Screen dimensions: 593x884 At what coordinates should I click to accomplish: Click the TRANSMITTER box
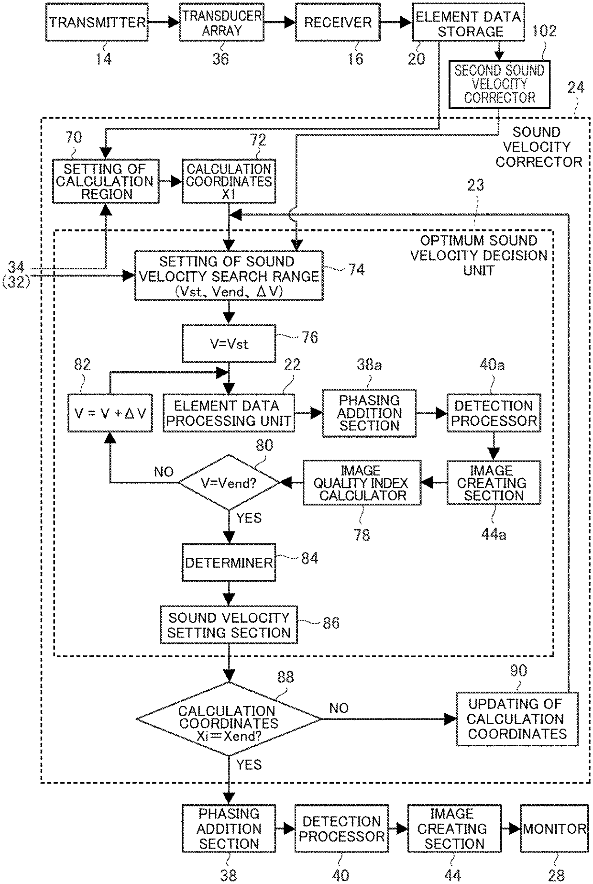pos(97,22)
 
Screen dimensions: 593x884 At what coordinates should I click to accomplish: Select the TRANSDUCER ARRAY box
pos(222,22)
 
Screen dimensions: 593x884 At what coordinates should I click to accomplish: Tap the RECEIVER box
pos(338,22)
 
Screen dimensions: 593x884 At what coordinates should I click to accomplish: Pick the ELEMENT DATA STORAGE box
pos(467,22)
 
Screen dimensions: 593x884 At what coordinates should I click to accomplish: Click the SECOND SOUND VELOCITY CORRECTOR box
pos(499,84)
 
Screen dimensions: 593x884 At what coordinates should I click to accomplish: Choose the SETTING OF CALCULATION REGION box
pos(106,181)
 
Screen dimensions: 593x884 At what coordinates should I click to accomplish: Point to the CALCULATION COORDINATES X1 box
pos(229,181)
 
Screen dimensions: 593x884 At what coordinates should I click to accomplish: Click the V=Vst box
pos(229,343)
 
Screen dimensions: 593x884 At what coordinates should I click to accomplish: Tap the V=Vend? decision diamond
pos(229,483)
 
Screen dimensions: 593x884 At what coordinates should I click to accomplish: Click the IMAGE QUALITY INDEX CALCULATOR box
pos(362,483)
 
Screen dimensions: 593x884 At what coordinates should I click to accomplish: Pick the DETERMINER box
pos(229,562)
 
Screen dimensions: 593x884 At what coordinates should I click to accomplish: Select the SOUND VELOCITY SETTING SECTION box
pos(229,625)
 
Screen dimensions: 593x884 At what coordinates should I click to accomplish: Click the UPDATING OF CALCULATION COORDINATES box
pos(517,718)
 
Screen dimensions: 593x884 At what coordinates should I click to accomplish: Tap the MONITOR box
pos(554,828)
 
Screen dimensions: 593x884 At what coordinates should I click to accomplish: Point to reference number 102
pos(544,31)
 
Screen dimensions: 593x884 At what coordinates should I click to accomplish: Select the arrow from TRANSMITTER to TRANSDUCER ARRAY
pos(164,22)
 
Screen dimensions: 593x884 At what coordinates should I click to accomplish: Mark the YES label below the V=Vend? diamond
pos(249,518)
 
